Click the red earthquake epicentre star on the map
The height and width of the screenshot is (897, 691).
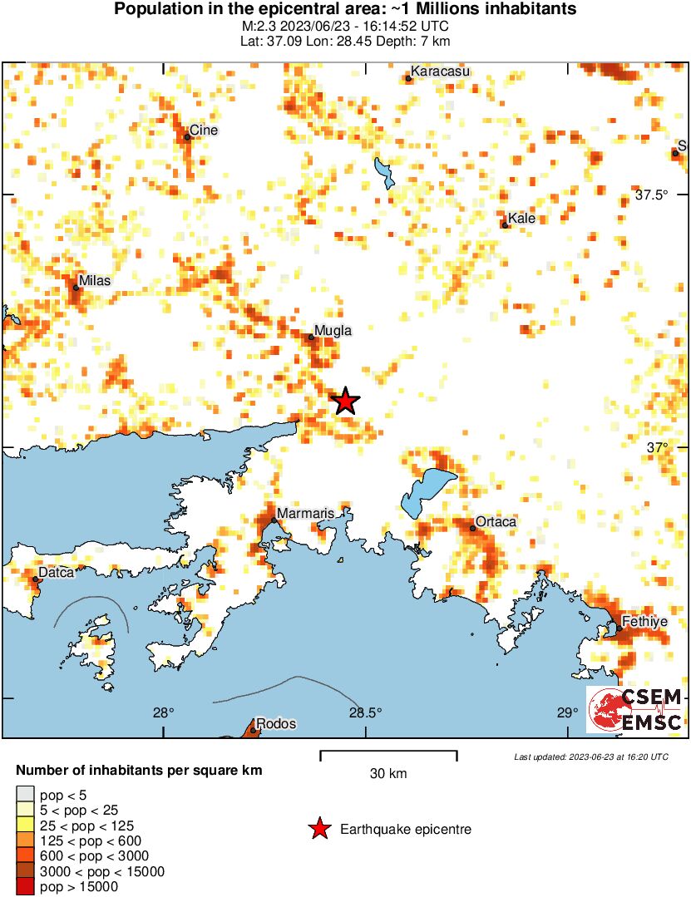pos(345,402)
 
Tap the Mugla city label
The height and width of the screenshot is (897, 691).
pos(333,331)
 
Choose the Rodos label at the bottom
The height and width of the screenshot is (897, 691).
pos(276,724)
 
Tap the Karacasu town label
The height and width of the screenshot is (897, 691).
pos(441,71)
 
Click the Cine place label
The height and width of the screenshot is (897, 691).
pos(204,130)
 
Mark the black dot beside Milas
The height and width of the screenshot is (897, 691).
pos(76,288)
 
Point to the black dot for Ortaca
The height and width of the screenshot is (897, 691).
pos(472,528)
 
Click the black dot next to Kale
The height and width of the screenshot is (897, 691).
pos(505,225)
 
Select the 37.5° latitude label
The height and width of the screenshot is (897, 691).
pos(651,195)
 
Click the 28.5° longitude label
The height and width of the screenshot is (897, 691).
pos(365,712)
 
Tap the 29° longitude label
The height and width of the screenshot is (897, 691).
pos(567,712)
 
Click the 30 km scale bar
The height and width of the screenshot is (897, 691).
pos(388,755)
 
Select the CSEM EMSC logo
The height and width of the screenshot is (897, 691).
pos(636,710)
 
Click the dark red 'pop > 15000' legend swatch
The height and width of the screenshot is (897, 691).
pos(26,887)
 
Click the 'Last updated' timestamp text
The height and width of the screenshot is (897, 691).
pos(590,757)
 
